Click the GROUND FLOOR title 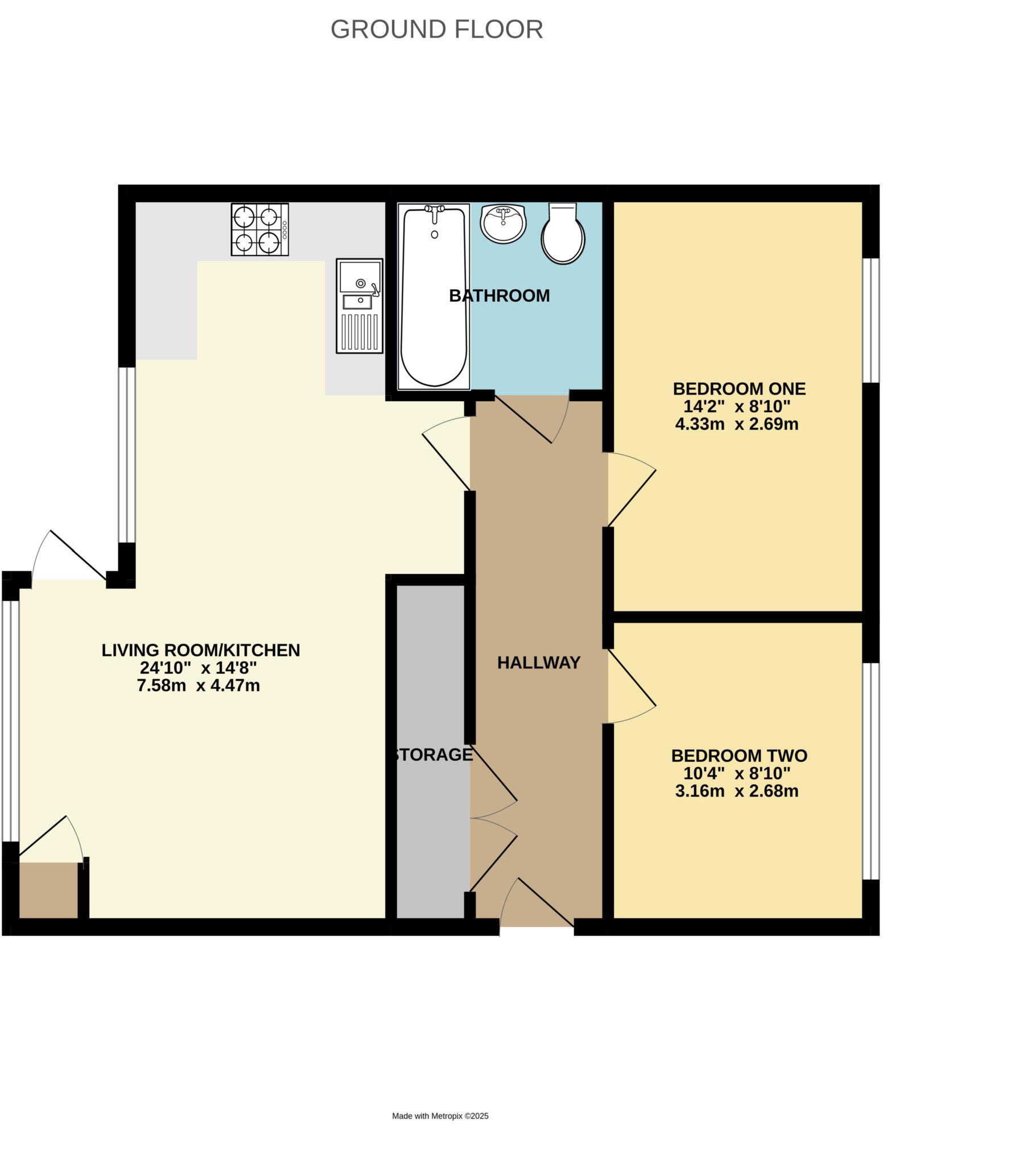pos(436,30)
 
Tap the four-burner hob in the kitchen pos(259,229)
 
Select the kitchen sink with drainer pos(359,306)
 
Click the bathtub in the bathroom pos(434,297)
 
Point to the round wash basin pos(503,223)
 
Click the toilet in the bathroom pos(563,234)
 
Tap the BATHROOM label pos(499,296)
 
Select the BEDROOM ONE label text pos(739,389)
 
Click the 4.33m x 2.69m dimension pos(736,424)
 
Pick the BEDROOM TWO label pos(739,756)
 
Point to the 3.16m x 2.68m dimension pos(736,791)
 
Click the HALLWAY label pos(538,663)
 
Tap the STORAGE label pos(433,755)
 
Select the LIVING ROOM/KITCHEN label pos(200,650)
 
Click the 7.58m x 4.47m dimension pos(198,685)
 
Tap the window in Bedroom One pos(870,320)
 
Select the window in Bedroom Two pos(870,771)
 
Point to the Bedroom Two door pos(632,687)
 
